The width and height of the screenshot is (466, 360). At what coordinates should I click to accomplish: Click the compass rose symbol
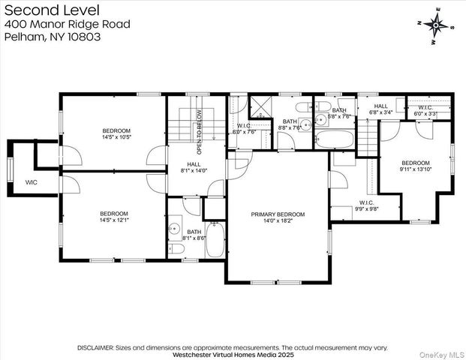(x=436, y=24)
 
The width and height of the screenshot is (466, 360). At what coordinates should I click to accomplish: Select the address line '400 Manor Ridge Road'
(x=68, y=24)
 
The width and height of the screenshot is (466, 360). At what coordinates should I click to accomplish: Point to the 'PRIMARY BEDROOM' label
(x=278, y=214)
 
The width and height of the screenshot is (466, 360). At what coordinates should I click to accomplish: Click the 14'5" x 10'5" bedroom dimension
(x=116, y=137)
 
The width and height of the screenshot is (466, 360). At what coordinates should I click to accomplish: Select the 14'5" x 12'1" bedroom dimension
(x=114, y=220)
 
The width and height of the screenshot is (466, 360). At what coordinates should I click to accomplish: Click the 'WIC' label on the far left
(x=31, y=182)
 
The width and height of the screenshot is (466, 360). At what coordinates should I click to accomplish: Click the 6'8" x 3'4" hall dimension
(x=381, y=115)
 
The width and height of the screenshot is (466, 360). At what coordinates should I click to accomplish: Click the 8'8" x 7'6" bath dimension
(x=289, y=127)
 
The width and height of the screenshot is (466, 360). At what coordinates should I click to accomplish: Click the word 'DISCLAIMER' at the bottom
(x=95, y=348)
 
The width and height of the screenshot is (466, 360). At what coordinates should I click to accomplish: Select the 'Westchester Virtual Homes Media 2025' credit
(x=233, y=355)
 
